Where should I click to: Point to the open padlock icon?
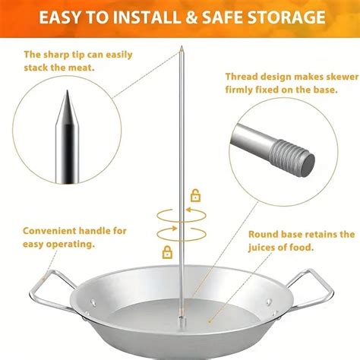pyautogui.click(x=196, y=196)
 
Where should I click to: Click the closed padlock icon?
pyautogui.click(x=167, y=251)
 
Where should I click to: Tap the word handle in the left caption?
pyautogui.click(x=100, y=230)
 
